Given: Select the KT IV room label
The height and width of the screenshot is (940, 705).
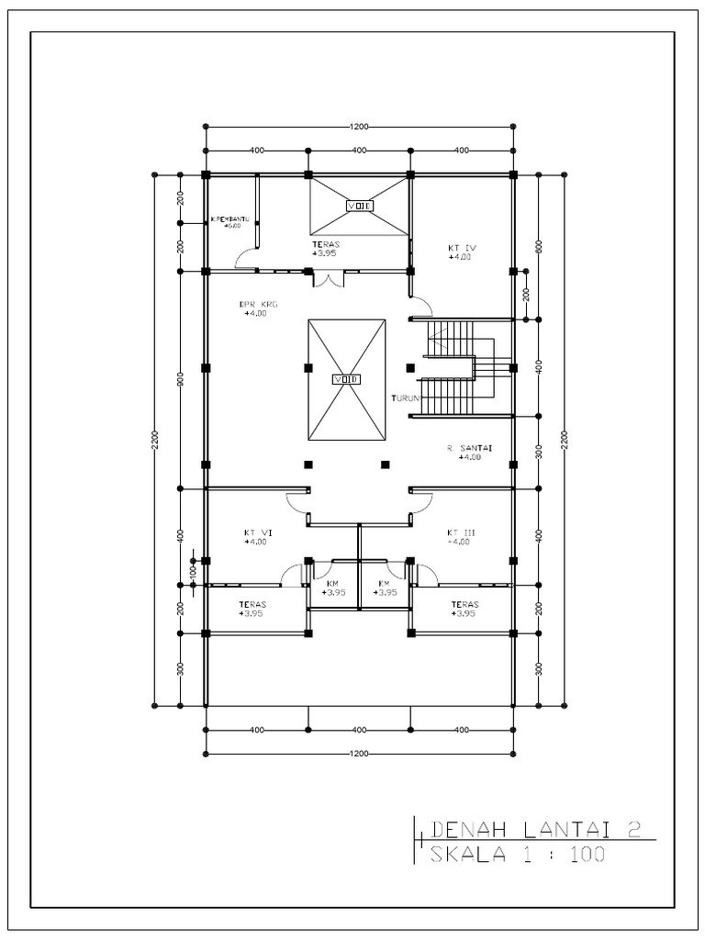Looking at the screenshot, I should pyautogui.click(x=462, y=248).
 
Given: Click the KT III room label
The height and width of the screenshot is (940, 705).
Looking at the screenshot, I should pyautogui.click(x=461, y=532).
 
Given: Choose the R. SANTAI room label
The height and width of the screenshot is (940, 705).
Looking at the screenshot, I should pyautogui.click(x=470, y=448).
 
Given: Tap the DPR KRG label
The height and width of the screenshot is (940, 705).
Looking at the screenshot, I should pyautogui.click(x=257, y=304).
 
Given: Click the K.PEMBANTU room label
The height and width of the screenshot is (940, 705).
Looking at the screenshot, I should pyautogui.click(x=229, y=219).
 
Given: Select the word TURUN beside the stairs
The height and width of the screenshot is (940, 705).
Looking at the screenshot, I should pyautogui.click(x=405, y=398).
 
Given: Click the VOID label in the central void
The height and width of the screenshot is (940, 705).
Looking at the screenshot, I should pyautogui.click(x=346, y=379).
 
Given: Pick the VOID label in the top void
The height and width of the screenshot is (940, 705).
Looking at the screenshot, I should pyautogui.click(x=359, y=206).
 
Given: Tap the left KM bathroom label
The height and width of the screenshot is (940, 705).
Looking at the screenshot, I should pyautogui.click(x=332, y=584).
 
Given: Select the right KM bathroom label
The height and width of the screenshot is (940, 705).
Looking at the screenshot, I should pyautogui.click(x=385, y=584).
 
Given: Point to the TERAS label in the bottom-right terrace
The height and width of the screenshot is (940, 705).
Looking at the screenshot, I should pyautogui.click(x=464, y=604).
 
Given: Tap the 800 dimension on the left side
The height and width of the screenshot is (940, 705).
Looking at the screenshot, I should pyautogui.click(x=181, y=379).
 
